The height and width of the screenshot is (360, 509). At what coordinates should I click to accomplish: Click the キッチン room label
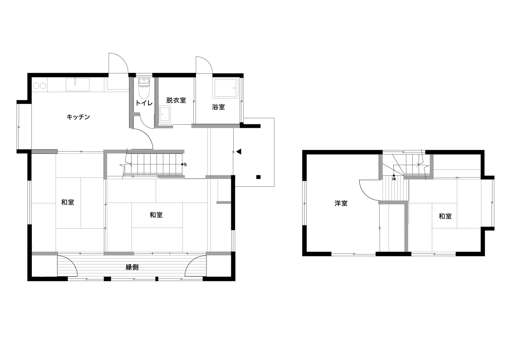click(x=78, y=117)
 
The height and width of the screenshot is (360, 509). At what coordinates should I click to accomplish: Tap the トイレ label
click(x=144, y=103)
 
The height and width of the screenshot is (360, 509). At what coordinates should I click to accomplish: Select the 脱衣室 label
click(x=176, y=100)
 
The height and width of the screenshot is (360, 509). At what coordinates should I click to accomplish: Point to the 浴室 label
click(x=218, y=107)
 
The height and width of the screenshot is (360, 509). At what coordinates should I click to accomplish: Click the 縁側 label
click(x=132, y=267)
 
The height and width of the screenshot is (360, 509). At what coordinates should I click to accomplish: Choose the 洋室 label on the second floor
click(x=341, y=203)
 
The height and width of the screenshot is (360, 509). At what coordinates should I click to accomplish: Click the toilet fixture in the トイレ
click(x=144, y=88)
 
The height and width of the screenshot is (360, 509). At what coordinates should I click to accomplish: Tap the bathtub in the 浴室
click(x=225, y=88)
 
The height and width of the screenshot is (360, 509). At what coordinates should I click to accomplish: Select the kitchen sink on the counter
click(x=78, y=84)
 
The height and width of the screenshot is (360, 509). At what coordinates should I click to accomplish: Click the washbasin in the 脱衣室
click(x=165, y=114)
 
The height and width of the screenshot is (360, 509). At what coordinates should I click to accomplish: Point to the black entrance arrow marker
click(x=238, y=152)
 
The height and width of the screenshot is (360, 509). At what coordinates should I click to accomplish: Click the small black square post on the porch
click(x=258, y=177)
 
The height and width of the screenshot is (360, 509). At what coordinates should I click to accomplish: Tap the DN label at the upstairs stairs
click(x=394, y=179)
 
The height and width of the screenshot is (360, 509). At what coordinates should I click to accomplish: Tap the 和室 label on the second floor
click(x=445, y=216)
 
